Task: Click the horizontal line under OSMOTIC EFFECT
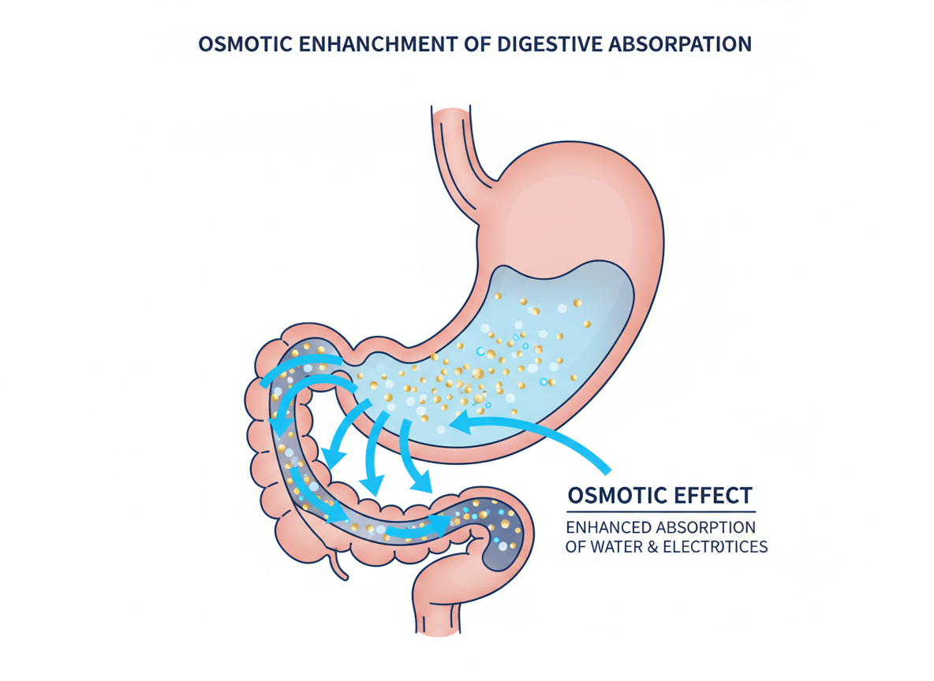click(x=660, y=512)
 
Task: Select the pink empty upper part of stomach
click(x=576, y=205)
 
